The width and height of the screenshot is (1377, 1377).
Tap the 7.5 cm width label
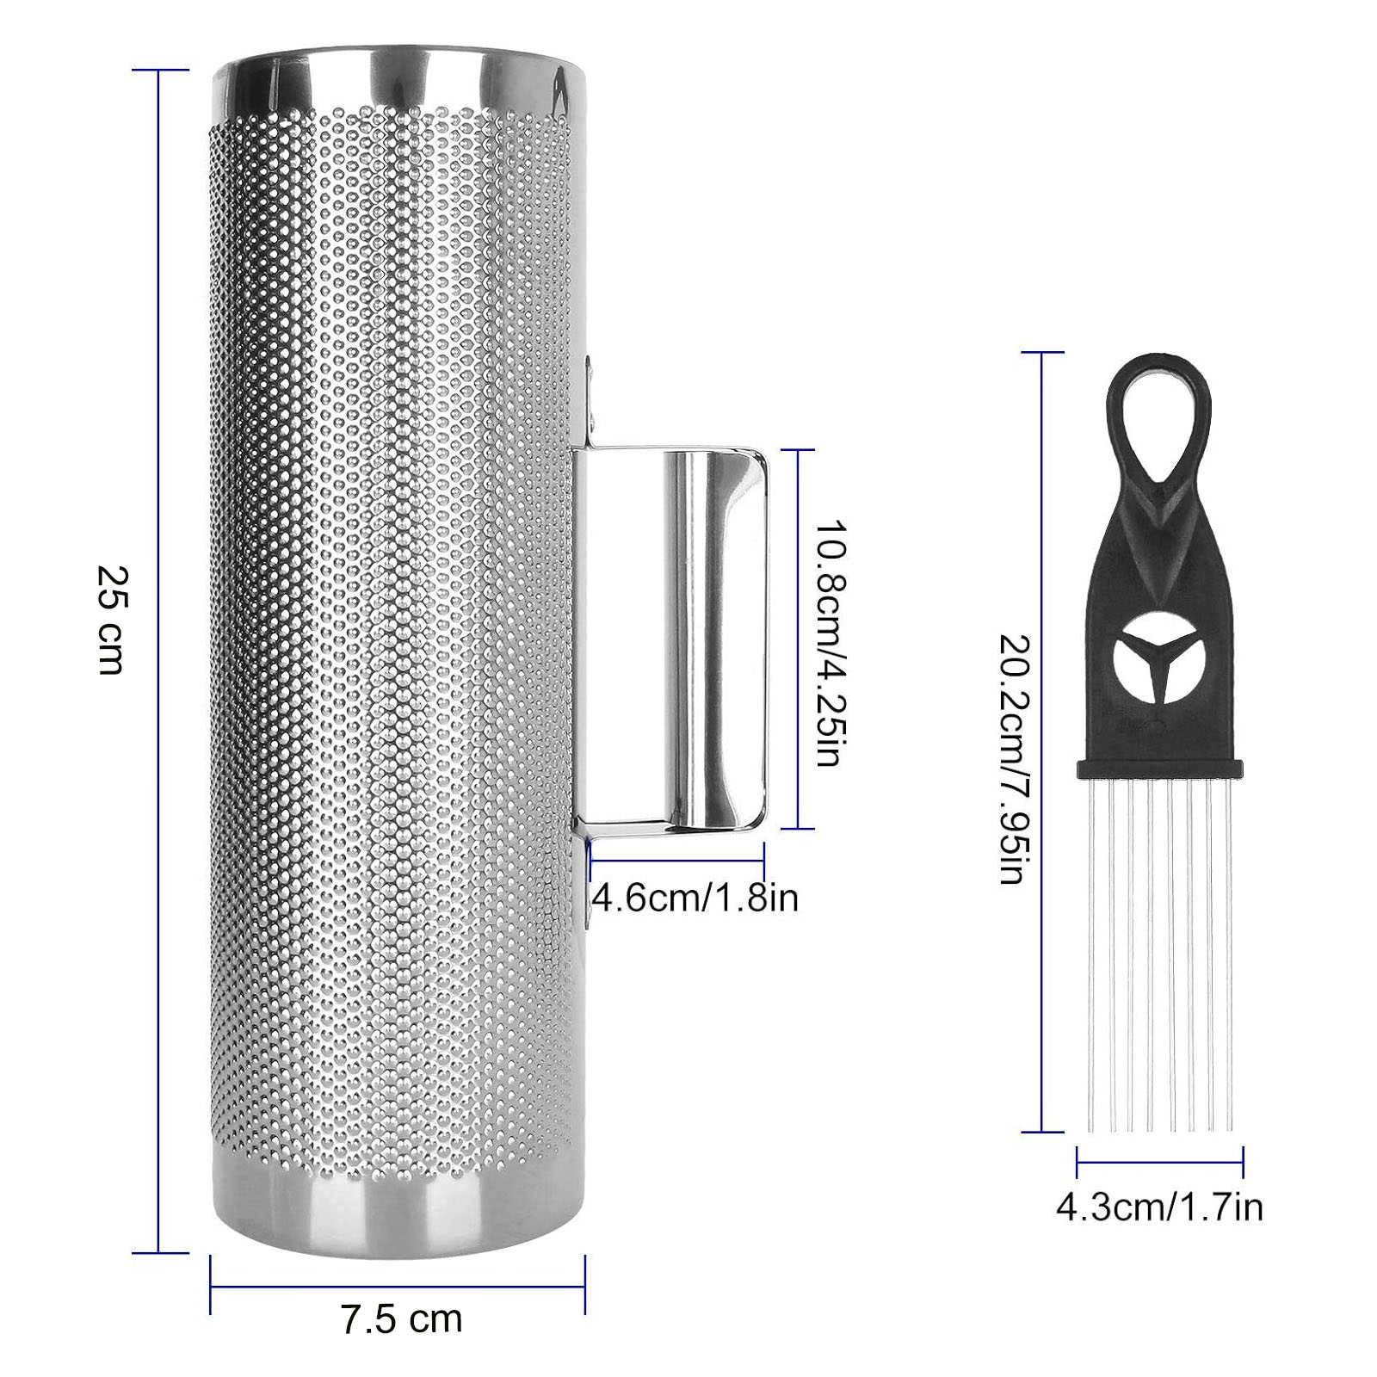(x=402, y=1318)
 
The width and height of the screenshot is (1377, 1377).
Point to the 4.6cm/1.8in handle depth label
(x=695, y=898)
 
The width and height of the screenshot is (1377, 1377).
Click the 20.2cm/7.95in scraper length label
(x=1012, y=759)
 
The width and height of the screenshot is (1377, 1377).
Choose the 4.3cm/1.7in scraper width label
(x=1159, y=1207)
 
